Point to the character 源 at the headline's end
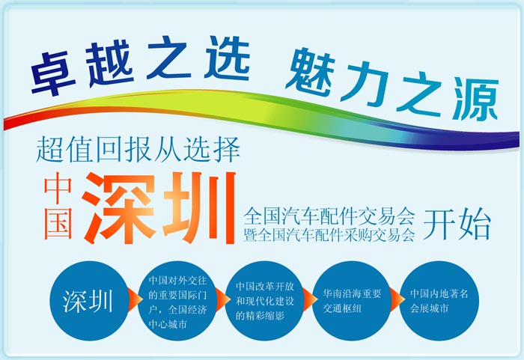coord(478,100)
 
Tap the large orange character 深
coord(118,208)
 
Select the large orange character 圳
coord(200,207)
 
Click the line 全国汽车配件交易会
coord(329,216)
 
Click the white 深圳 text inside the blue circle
coord(88,301)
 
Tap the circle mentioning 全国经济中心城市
coord(178,301)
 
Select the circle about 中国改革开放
coord(265,301)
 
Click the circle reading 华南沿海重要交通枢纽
coord(353,301)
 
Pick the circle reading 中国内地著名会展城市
coord(439,301)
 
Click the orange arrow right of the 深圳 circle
coord(134,300)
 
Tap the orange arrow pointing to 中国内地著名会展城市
coord(397,300)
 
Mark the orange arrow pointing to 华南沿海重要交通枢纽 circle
coord(309,300)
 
